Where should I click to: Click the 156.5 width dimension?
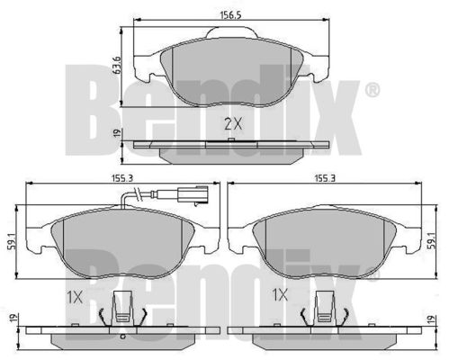230,14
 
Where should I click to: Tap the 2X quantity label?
233,123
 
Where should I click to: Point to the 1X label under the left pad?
74,297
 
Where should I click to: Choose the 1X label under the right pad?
280,295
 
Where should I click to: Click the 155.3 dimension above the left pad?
122,178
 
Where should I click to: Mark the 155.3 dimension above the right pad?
325,178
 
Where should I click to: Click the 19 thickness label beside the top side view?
117,133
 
